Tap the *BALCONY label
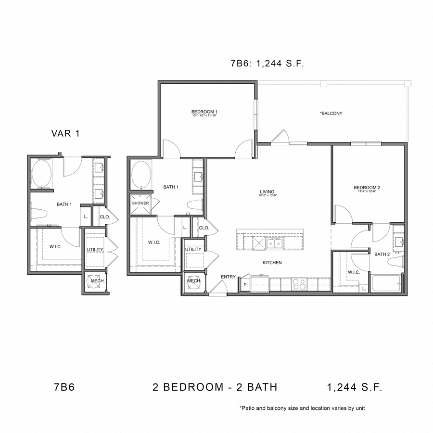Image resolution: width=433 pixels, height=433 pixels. click(331, 114)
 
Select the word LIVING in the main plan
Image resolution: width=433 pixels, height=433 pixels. click(267, 191)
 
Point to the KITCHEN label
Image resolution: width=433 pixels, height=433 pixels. click(272, 263)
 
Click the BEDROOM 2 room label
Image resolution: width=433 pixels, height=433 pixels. click(367, 188)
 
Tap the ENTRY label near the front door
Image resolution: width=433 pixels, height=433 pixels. click(228, 277)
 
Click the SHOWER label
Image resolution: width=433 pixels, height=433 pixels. click(140, 203)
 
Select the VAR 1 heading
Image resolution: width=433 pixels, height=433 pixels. click(65, 134)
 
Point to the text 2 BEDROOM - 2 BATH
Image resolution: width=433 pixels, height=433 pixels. click(215, 387)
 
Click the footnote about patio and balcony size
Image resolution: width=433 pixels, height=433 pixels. click(302, 408)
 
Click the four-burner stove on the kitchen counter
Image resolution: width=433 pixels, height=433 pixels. click(299, 284)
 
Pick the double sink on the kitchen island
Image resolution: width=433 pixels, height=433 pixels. click(275, 244)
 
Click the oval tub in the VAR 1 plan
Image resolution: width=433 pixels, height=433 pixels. click(41, 174)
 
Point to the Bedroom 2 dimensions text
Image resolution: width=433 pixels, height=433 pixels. click(367, 192)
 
